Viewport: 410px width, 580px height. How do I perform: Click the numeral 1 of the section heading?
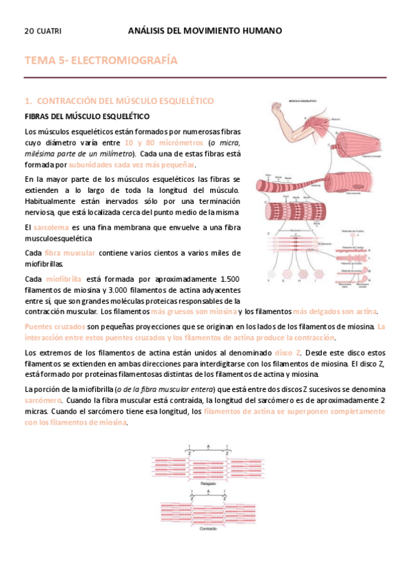coord(27,101)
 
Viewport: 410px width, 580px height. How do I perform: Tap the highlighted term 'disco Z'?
coord(287,352)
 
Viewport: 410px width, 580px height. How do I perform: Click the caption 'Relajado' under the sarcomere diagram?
coord(208,484)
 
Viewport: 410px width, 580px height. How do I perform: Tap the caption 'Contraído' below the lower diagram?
coord(208,530)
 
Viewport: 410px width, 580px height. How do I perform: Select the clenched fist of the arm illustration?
coord(277,107)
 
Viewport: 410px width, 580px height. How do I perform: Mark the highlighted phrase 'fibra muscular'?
coord(71,253)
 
